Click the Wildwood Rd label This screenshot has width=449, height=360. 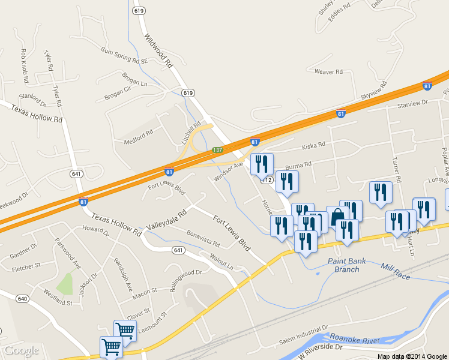click(x=158, y=50)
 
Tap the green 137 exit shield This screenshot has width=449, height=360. click(x=217, y=149)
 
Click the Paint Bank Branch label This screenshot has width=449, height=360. click(x=347, y=265)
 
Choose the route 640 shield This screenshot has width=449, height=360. click(x=23, y=298)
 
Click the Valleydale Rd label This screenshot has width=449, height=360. click(x=166, y=220)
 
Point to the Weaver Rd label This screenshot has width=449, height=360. click(x=328, y=72)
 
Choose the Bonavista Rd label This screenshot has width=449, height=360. click(x=203, y=238)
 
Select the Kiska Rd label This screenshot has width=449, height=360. click(x=313, y=145)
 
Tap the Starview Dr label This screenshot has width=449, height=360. click(x=412, y=103)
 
